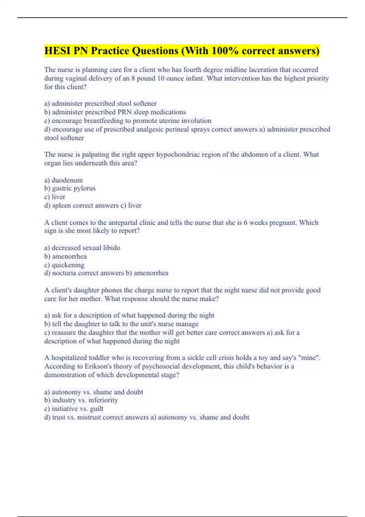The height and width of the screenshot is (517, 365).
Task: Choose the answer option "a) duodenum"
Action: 64,180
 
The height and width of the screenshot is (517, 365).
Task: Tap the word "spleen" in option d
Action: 61,206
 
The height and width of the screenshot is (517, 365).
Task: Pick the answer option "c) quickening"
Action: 64,265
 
